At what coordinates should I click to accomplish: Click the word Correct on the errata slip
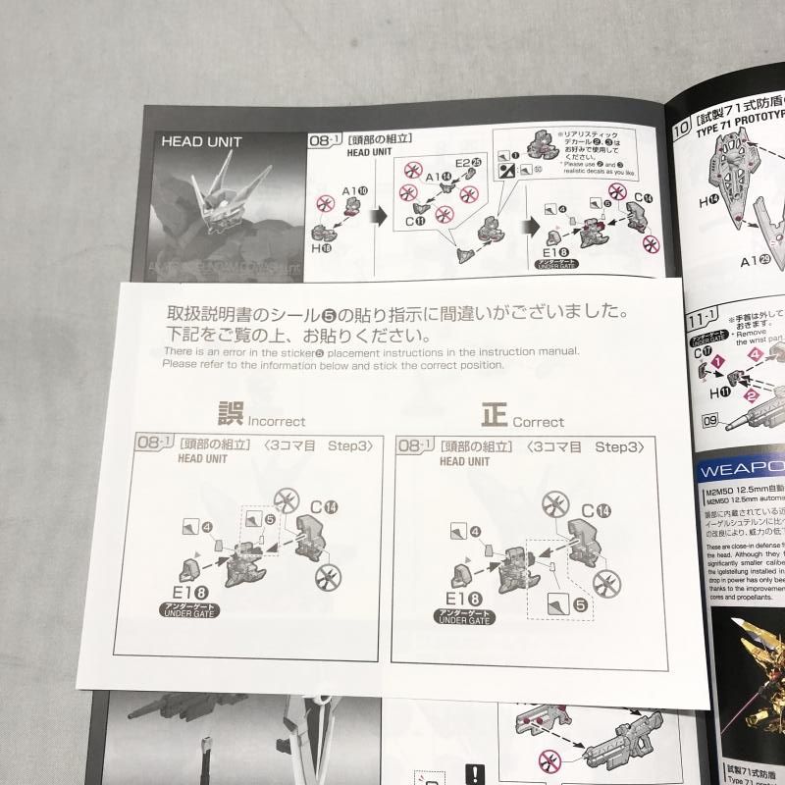[537, 422]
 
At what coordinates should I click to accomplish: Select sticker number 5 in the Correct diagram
[582, 606]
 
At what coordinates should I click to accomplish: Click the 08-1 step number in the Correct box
[413, 446]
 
